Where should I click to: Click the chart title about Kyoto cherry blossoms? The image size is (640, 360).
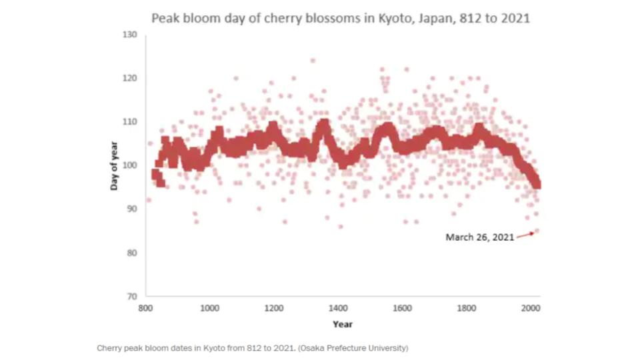tap(341, 18)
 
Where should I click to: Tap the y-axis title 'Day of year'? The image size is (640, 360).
tap(114, 165)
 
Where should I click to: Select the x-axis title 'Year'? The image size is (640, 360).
tap(343, 324)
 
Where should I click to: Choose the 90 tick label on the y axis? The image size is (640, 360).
tap(132, 209)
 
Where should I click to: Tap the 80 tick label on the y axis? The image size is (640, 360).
tap(132, 253)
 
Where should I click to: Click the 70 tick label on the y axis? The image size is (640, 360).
tap(132, 296)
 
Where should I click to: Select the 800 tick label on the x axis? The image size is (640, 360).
tap(145, 309)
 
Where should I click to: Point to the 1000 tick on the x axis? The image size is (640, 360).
tap(209, 309)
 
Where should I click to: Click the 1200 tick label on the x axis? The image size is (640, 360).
tap(273, 309)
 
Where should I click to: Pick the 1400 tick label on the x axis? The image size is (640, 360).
tap(338, 309)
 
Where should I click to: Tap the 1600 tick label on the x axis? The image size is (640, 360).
tap(402, 309)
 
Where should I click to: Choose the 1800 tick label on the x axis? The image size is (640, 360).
tap(466, 309)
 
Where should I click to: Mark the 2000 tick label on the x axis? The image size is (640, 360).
tap(530, 309)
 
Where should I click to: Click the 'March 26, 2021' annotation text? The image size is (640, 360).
tap(480, 237)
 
